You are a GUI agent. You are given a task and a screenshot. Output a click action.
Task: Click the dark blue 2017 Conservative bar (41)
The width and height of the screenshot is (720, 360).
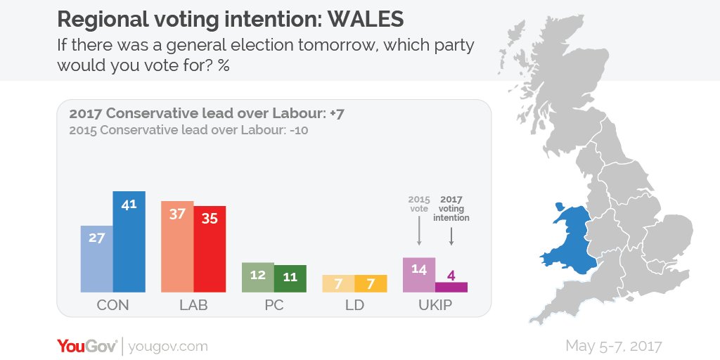pyautogui.click(x=129, y=242)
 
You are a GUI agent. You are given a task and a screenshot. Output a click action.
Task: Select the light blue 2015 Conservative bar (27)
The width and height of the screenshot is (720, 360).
pyautogui.click(x=97, y=259)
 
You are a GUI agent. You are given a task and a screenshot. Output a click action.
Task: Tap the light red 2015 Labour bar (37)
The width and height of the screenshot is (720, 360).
pyautogui.click(x=177, y=247)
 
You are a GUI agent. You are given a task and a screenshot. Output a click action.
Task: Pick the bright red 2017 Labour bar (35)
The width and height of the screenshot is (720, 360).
pyautogui.click(x=210, y=249)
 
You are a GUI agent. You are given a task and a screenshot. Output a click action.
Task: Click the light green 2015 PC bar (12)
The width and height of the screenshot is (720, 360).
pyautogui.click(x=258, y=277)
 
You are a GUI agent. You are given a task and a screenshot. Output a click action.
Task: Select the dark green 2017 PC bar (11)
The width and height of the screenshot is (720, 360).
pyautogui.click(x=290, y=278)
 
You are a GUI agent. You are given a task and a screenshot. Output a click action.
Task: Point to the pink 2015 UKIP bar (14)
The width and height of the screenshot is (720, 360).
pyautogui.click(x=419, y=275)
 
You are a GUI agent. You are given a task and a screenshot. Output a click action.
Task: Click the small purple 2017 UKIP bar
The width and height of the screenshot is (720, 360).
pyautogui.click(x=451, y=288)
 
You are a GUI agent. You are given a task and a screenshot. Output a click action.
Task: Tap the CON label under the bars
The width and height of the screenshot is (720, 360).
pyautogui.click(x=113, y=305)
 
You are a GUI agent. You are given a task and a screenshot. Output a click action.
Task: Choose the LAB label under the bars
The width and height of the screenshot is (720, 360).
pyautogui.click(x=193, y=305)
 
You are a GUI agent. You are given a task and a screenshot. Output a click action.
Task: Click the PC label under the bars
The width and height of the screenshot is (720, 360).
pyautogui.click(x=274, y=305)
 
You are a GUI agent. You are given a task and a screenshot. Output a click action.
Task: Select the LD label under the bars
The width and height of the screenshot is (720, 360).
pyautogui.click(x=354, y=305)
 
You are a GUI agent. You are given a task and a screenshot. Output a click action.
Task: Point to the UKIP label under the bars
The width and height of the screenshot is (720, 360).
pyautogui.click(x=435, y=305)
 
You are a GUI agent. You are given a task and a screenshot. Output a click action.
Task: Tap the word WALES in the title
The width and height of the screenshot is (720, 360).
pyautogui.click(x=366, y=19)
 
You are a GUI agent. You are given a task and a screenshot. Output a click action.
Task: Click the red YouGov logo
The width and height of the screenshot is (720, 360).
pyautogui.click(x=87, y=346)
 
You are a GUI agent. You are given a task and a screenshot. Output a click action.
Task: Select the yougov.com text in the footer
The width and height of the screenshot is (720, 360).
pyautogui.click(x=168, y=347)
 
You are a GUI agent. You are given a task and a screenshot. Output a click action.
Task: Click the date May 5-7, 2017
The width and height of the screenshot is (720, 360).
pyautogui.click(x=613, y=346)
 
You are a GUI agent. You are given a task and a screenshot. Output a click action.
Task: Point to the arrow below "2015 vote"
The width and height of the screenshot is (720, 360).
pyautogui.click(x=419, y=231)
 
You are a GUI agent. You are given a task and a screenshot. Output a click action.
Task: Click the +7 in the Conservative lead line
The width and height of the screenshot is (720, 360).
pyautogui.click(x=337, y=115)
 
